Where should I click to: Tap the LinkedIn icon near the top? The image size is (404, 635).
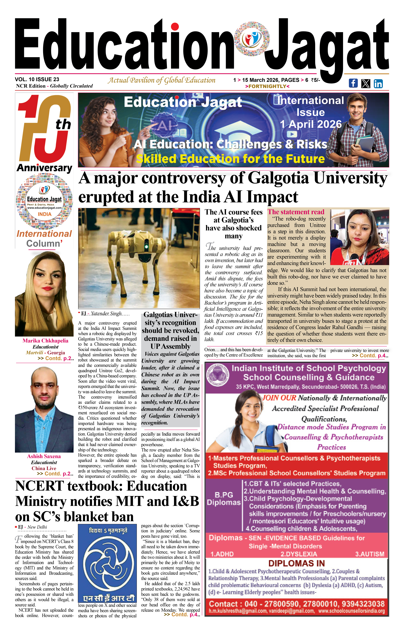click(378, 84)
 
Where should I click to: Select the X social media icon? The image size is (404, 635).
click(366, 84)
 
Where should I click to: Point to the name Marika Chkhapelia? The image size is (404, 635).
click(45, 341)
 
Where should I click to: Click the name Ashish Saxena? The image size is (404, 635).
click(44, 456)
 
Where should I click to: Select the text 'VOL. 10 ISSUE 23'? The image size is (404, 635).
click(37, 79)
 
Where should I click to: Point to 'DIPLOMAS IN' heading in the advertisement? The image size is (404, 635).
click(296, 563)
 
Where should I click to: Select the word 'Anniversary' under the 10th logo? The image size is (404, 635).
click(44, 168)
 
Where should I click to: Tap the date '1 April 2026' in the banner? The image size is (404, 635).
click(311, 124)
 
